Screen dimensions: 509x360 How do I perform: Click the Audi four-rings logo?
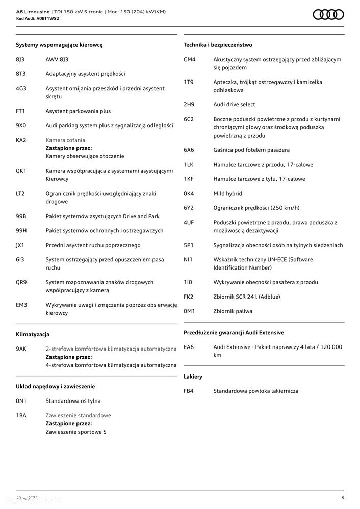tap(328, 15)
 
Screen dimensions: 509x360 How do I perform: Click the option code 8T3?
tap(21, 74)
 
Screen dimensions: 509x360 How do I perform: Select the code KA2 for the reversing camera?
tap(21, 140)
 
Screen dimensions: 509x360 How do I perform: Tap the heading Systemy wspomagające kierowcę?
tap(59, 45)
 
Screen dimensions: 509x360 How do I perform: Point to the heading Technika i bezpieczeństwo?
tap(218, 45)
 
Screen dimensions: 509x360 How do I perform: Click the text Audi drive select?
tap(234, 104)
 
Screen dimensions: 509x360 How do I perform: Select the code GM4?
tap(190, 59)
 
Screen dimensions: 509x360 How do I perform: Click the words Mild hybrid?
tap(227, 194)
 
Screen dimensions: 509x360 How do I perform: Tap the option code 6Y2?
tap(189, 208)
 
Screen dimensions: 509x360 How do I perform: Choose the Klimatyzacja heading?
tap(33, 335)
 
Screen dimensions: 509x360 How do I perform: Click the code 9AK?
tap(21, 349)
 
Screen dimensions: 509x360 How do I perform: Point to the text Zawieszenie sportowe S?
tap(76, 432)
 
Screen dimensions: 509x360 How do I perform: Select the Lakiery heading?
tap(193, 377)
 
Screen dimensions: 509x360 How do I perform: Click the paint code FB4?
tap(189, 391)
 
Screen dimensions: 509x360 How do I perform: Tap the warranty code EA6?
tap(189, 347)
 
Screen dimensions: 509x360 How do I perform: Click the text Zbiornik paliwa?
tap(233, 311)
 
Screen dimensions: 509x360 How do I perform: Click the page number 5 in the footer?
tap(343, 498)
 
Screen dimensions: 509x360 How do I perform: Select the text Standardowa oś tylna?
tap(73, 401)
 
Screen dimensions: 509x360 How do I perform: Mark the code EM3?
tap(21, 305)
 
